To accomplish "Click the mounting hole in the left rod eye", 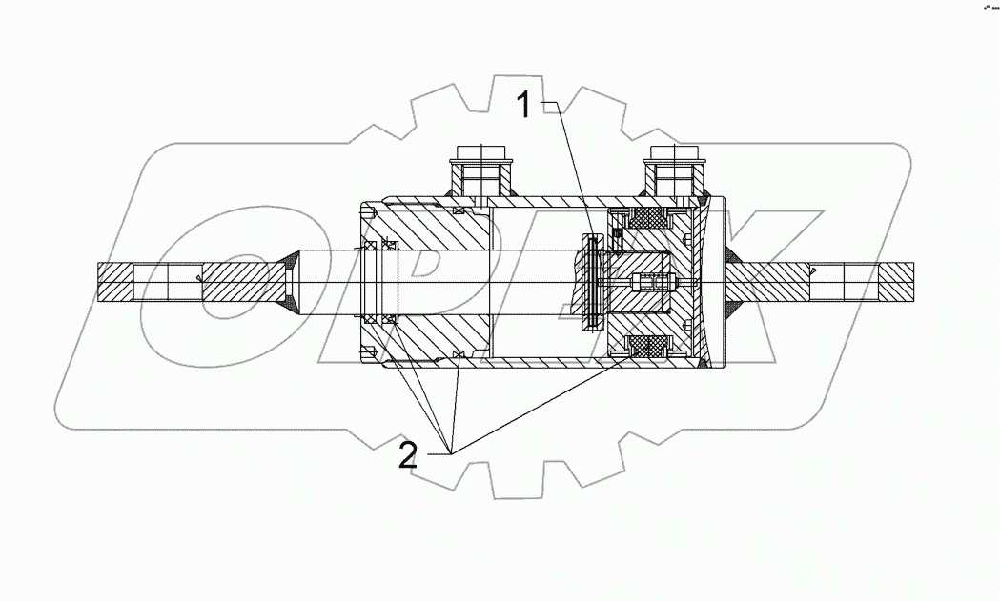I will tap(169, 283).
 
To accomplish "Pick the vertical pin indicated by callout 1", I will tap(593, 283).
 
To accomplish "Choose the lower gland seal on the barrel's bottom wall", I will tap(459, 355).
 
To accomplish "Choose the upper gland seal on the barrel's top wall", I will tap(459, 210).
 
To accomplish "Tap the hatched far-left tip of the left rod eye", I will tap(115, 283).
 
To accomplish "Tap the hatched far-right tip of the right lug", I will tap(895, 283).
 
